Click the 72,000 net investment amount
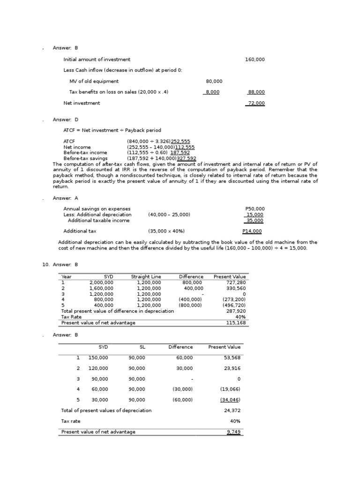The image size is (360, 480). click(x=256, y=103)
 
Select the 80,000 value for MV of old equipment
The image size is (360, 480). click(x=214, y=82)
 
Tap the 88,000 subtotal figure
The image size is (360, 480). click(x=256, y=92)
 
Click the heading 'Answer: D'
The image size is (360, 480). click(x=66, y=120)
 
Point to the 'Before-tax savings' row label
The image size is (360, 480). click(x=85, y=158)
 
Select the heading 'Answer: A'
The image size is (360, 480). click(x=66, y=198)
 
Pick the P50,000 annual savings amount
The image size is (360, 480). click(x=255, y=209)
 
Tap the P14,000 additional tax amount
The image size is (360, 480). click(x=252, y=231)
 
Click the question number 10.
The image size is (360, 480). click(x=45, y=265)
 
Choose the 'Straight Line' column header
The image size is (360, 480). click(x=146, y=277)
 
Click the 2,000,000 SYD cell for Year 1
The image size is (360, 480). click(x=101, y=283)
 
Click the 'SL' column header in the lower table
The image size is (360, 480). click(x=142, y=347)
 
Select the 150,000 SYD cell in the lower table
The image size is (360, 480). click(x=98, y=358)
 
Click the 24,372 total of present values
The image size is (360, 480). click(x=232, y=410)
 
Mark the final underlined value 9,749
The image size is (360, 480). click(x=233, y=432)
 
